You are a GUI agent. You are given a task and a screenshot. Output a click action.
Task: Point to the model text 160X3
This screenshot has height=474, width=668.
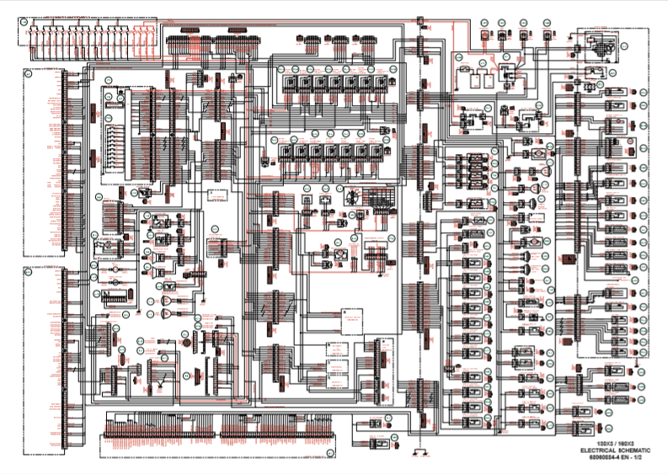tap(627, 442)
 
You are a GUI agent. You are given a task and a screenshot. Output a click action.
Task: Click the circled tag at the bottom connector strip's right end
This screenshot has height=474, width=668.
tap(329, 452)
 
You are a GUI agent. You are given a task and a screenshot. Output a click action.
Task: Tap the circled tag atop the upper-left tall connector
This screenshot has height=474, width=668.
tap(26, 74)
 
